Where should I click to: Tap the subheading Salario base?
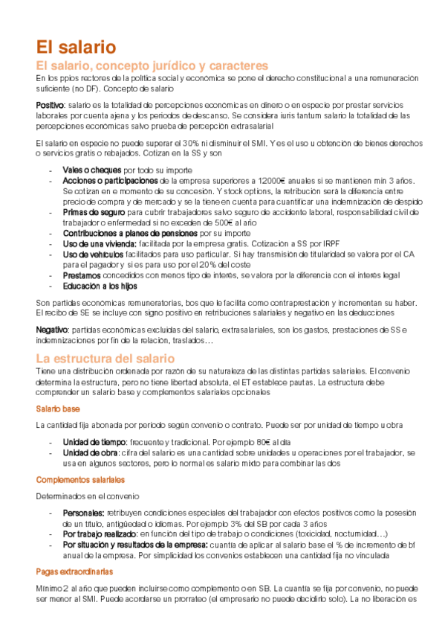[58, 409]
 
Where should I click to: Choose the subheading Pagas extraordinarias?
[74, 571]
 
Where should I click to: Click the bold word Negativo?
[51, 329]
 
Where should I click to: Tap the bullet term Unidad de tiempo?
[94, 441]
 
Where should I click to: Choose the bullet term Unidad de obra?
[90, 452]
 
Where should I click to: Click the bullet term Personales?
[83, 513]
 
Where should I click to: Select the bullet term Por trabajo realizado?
[100, 534]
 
